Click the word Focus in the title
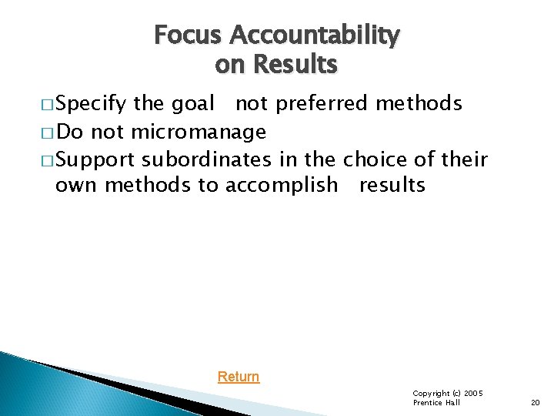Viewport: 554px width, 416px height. click(188, 35)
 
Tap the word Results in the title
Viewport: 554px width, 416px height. click(295, 65)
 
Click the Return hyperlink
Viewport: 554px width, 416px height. click(239, 377)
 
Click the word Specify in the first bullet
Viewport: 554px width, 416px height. click(92, 104)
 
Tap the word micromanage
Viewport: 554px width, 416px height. click(199, 133)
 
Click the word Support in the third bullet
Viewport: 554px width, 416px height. click(95, 160)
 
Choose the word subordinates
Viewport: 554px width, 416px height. click(207, 159)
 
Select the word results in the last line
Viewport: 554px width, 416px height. click(392, 185)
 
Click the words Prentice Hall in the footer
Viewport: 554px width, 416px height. click(436, 403)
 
